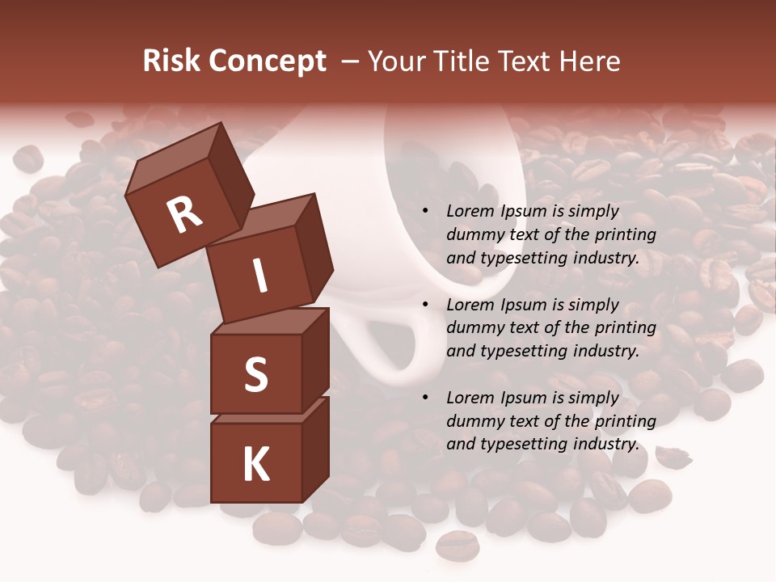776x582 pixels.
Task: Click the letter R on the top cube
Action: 184,214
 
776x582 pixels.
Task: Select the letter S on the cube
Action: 255,373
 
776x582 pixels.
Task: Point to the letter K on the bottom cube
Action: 255,465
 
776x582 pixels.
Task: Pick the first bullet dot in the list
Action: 425,212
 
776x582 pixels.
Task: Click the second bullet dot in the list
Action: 425,306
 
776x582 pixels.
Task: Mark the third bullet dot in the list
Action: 425,399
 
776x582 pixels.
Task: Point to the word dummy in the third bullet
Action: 471,421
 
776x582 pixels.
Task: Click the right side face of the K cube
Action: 316,449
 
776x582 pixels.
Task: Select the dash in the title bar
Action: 351,61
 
